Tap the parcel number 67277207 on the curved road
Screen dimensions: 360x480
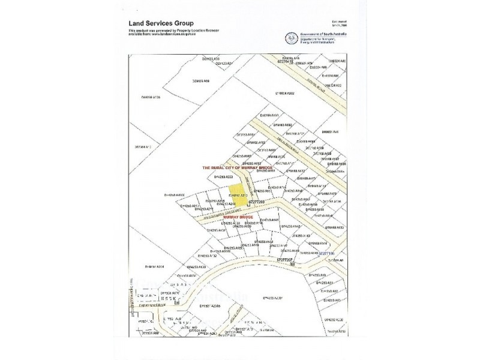288,259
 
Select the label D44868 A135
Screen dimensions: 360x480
152,97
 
